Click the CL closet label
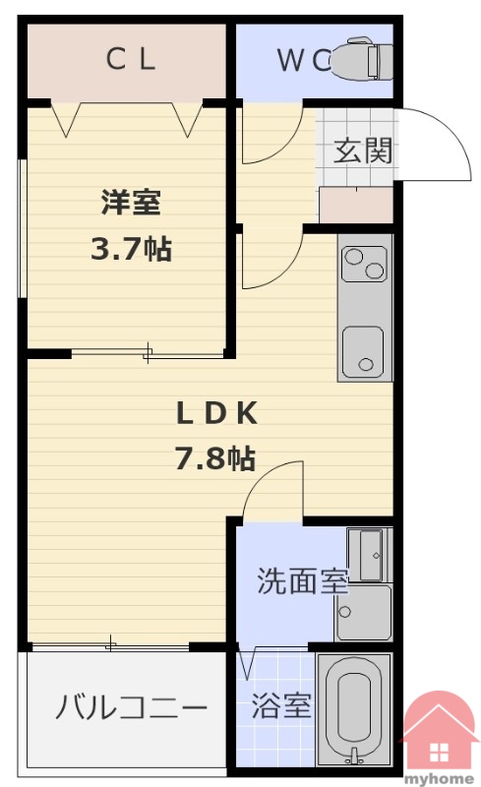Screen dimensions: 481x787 point(131,59)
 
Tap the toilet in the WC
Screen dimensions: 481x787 point(362,58)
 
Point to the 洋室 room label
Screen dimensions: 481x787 point(131,202)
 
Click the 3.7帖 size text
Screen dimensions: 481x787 point(131,248)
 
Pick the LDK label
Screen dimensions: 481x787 point(216,413)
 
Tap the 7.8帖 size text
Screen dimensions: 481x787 point(214,457)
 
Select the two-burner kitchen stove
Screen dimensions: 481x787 point(364,264)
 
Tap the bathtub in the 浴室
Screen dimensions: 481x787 point(354,710)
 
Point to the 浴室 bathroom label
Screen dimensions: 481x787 point(281,705)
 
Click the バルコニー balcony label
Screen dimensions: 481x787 point(132,707)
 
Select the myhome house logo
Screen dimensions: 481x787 point(439,737)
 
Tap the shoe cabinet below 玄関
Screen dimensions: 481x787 point(356,205)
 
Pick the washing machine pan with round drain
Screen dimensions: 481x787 point(364,612)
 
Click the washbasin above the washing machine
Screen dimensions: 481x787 point(370,555)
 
